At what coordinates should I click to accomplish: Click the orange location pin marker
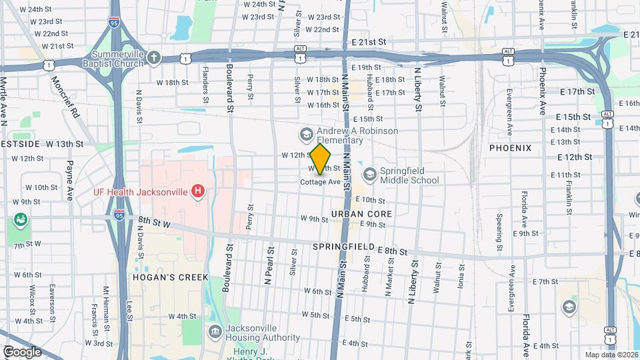pos(321,159)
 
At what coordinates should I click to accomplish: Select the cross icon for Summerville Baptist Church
pos(154,58)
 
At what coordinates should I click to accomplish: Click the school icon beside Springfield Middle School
pos(369,175)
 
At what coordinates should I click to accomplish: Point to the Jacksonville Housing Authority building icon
pos(215,332)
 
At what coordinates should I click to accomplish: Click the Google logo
pos(22,351)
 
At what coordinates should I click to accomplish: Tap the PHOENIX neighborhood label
pos(510,147)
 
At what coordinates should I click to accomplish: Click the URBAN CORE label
pos(361,214)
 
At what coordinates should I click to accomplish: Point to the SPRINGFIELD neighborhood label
pos(345,247)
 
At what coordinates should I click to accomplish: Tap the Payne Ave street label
pos(69,180)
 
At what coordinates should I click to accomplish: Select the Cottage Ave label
pos(320,182)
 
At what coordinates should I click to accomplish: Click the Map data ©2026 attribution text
pos(611,355)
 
